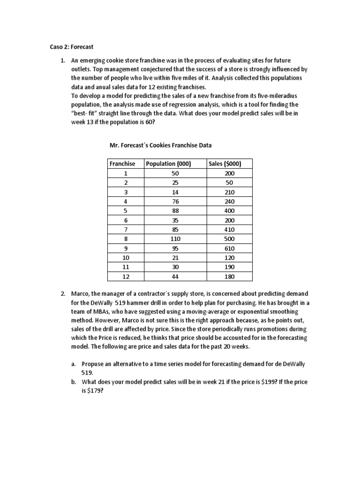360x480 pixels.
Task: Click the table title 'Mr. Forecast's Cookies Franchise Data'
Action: coord(164,145)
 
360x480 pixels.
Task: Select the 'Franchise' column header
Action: coord(122,164)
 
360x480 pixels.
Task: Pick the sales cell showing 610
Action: coord(229,248)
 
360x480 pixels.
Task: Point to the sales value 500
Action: coord(229,239)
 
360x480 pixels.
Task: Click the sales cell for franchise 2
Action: coord(229,182)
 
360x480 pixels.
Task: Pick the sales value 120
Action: coord(229,258)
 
